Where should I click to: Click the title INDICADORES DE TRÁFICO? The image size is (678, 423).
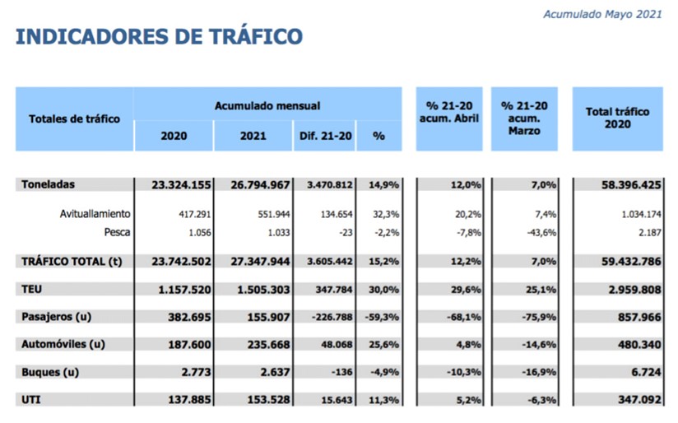[x=159, y=36]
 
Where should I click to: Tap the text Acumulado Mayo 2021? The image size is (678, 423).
[x=602, y=14]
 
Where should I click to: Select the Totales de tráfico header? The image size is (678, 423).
[x=74, y=119]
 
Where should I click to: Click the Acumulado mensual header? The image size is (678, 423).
[x=267, y=105]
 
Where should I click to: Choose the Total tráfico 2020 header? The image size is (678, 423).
[x=617, y=118]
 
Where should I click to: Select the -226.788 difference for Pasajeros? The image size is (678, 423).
[x=328, y=317]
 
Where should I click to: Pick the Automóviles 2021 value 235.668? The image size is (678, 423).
[x=263, y=344]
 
